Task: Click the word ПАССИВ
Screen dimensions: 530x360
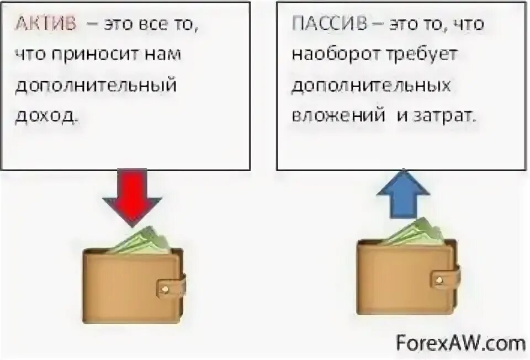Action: click(x=320, y=25)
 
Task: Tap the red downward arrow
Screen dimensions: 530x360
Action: click(x=131, y=197)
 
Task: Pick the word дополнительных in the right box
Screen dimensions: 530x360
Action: click(x=371, y=86)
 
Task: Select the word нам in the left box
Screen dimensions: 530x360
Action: click(x=164, y=55)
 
